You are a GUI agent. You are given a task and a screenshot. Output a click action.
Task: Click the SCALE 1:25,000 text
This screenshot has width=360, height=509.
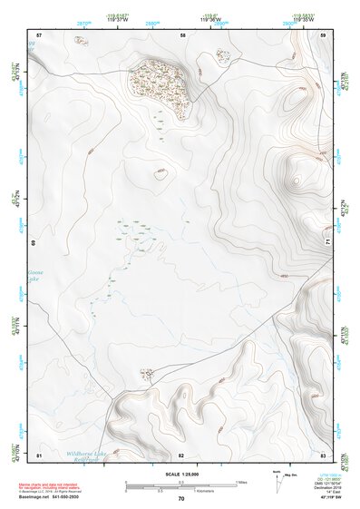(x=181, y=474)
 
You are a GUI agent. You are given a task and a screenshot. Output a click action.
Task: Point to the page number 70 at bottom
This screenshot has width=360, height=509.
(x=181, y=499)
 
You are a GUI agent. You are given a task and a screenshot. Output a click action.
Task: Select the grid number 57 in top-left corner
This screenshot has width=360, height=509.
(x=40, y=35)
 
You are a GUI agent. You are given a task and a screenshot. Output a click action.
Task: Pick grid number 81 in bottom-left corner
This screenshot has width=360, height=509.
(x=40, y=455)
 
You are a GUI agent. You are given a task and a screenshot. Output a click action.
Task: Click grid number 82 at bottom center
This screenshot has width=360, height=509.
(x=181, y=455)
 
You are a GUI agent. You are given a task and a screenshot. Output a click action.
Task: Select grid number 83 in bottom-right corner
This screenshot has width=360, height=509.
(x=323, y=455)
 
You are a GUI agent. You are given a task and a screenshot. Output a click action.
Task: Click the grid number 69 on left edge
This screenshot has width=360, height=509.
(x=35, y=243)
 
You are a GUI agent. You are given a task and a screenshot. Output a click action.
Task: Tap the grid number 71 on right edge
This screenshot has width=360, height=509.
(x=327, y=241)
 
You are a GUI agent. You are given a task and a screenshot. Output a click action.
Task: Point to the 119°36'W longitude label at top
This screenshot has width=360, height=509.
(x=213, y=21)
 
